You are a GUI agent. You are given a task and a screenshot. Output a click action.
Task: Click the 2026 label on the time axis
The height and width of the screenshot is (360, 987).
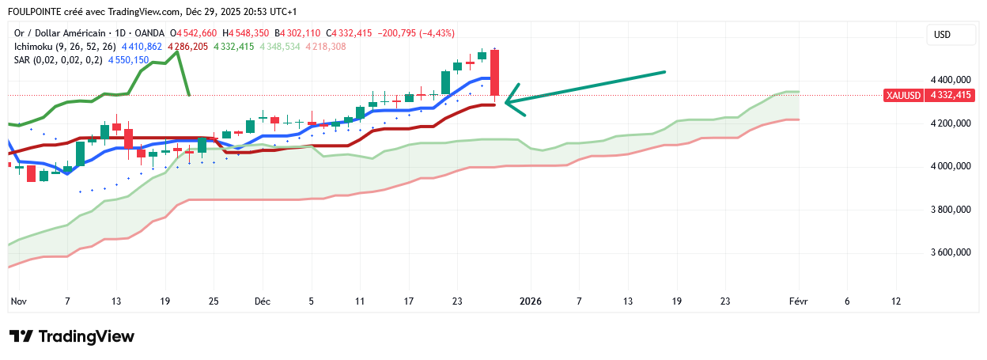(x=530, y=301)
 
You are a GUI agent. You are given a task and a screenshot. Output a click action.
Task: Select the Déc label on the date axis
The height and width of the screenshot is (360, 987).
(x=262, y=301)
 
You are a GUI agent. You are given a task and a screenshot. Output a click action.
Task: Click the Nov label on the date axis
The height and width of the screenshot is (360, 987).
(x=19, y=301)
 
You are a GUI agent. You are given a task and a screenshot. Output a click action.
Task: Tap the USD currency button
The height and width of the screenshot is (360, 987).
(x=942, y=35)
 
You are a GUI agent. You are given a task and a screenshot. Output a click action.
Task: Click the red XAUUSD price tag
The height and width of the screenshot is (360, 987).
(x=928, y=95)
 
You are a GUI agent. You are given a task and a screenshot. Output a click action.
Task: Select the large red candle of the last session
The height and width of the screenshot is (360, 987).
(x=495, y=73)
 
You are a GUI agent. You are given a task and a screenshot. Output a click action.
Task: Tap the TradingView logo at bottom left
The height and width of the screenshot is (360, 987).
(x=72, y=336)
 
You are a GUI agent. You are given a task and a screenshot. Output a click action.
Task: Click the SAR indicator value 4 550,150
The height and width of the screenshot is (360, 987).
(x=128, y=59)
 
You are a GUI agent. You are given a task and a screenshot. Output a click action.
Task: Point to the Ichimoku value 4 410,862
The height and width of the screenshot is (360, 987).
(x=142, y=47)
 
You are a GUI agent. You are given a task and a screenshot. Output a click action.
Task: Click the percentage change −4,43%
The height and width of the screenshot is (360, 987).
(x=435, y=33)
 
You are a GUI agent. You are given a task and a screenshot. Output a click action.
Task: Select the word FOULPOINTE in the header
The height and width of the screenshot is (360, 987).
(x=36, y=12)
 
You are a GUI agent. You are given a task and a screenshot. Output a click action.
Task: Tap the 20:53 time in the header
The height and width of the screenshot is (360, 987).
(x=242, y=12)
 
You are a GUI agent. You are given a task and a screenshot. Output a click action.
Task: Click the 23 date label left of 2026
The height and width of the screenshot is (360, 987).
(x=457, y=301)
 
